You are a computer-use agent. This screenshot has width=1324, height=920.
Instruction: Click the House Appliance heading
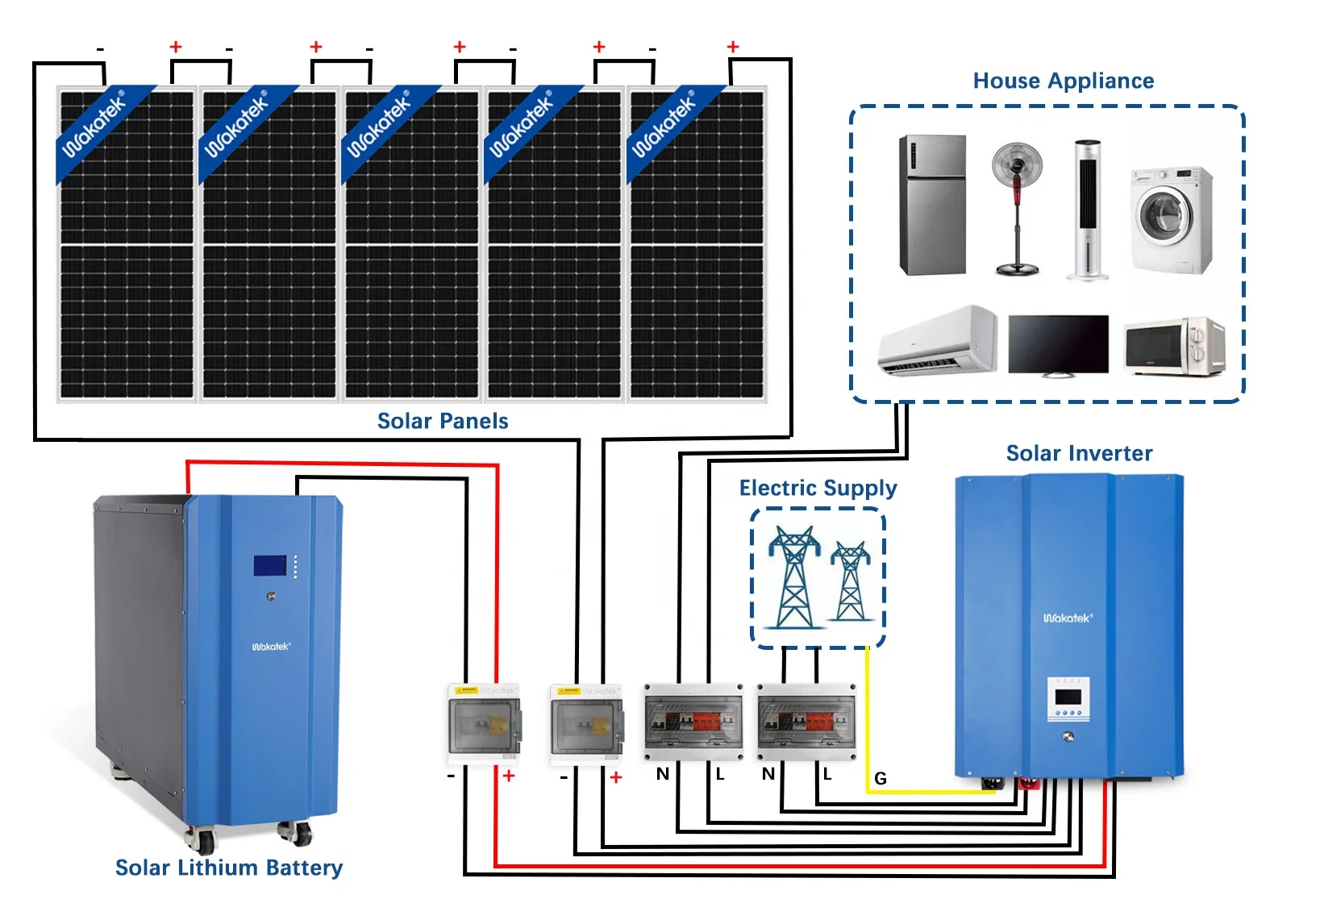click(x=1063, y=81)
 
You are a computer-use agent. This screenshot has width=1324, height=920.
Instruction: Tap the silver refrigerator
click(x=932, y=206)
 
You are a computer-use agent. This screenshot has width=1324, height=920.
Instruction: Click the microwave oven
click(x=1174, y=347)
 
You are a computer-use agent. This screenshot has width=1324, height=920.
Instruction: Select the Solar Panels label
click(x=443, y=421)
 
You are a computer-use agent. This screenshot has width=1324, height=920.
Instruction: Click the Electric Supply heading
click(x=818, y=488)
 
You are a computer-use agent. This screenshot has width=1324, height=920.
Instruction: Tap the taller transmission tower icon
click(x=794, y=577)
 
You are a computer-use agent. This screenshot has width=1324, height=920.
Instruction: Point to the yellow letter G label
click(x=880, y=778)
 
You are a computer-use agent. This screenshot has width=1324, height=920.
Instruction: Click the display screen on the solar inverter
click(x=1068, y=696)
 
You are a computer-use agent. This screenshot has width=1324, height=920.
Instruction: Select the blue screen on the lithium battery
click(x=270, y=565)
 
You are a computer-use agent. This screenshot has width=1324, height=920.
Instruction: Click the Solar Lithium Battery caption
click(x=229, y=868)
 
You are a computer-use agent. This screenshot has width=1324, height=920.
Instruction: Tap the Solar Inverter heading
click(x=1079, y=453)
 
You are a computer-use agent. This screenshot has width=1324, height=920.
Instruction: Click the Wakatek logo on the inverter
click(x=1068, y=618)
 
